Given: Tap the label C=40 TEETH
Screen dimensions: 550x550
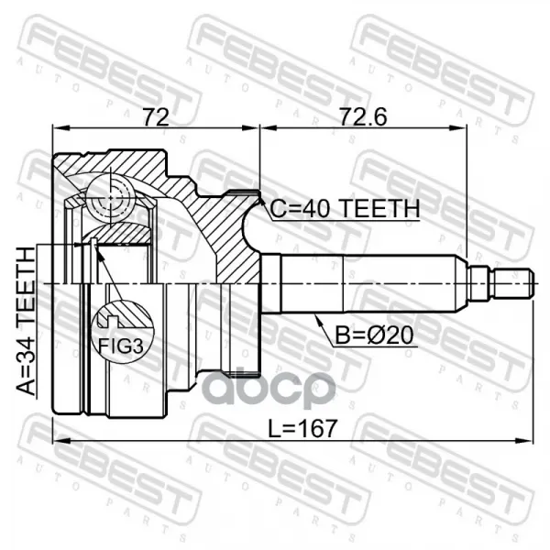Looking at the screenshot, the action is (x=345, y=208).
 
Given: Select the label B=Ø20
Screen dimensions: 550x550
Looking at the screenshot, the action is (x=374, y=335).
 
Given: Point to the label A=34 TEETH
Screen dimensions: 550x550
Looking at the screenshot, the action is (x=26, y=322).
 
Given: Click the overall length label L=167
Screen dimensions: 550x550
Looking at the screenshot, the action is (x=302, y=429).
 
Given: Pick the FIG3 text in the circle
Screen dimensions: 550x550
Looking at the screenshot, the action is (x=121, y=346).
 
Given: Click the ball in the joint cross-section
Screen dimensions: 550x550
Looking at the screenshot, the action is (x=111, y=199).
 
